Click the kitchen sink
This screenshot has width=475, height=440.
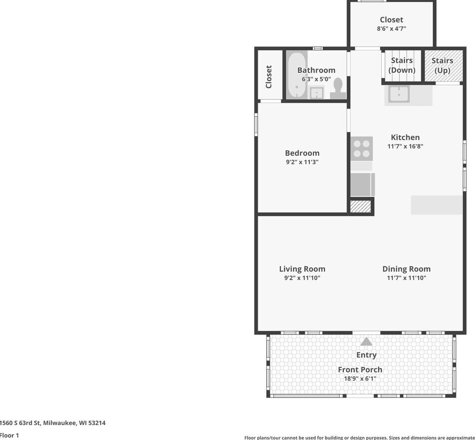click(399, 94)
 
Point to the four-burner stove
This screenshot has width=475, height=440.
click(361, 148)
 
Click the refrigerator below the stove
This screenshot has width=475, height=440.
click(362, 185)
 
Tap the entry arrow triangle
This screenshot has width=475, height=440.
click(366, 341)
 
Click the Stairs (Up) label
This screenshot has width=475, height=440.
click(442, 65)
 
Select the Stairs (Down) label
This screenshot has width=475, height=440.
click(402, 65)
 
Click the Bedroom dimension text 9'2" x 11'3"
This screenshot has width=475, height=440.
click(302, 162)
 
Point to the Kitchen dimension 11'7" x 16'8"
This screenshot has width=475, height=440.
click(405, 146)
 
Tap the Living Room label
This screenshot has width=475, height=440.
click(302, 269)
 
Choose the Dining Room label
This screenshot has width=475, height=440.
click(406, 269)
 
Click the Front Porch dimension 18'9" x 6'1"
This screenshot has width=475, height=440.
click(360, 379)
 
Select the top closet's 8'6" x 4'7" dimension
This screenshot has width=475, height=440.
click(391, 29)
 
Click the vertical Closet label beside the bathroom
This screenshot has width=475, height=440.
click(269, 77)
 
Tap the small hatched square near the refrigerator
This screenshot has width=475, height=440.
click(360, 206)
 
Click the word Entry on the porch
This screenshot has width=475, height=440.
click(366, 355)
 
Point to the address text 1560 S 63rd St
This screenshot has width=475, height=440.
click(20, 423)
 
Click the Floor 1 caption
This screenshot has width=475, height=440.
click(9, 436)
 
